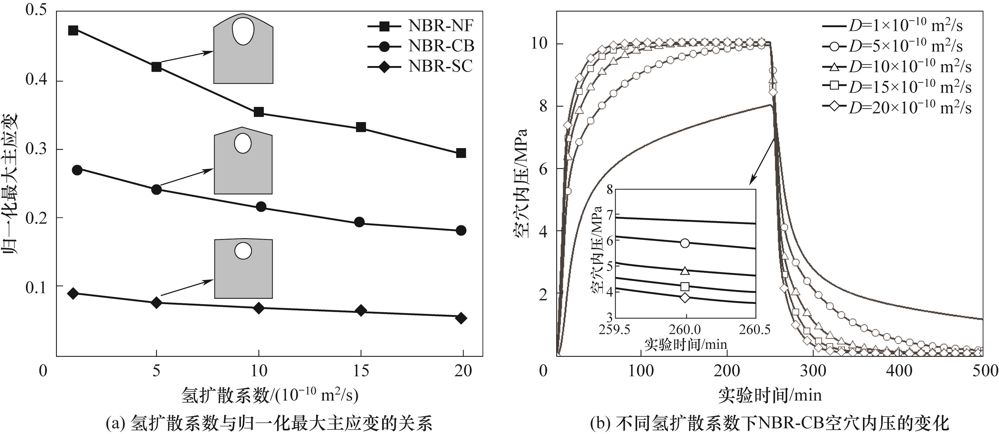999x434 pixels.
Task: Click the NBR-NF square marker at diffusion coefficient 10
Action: (x=259, y=112)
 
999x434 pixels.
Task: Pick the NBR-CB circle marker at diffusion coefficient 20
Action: (x=461, y=230)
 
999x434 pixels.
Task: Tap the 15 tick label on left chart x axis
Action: (x=361, y=371)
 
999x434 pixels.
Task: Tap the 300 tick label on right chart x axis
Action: (x=813, y=371)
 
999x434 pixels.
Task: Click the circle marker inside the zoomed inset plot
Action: (x=685, y=243)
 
